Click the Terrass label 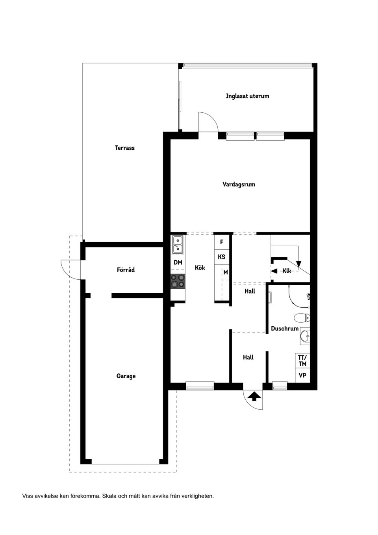tap(124, 148)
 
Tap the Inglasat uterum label tap(247, 96)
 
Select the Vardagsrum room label tap(239, 184)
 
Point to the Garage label tap(126, 376)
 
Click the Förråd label tap(126, 270)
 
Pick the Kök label tap(200, 268)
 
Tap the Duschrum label tap(285, 329)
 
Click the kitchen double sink tap(178, 245)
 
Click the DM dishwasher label tap(178, 262)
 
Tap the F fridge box tap(221, 242)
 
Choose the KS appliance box tap(221, 257)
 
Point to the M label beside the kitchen tap(226, 272)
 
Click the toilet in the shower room tap(302, 318)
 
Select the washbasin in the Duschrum tap(305, 336)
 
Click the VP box tap(302, 375)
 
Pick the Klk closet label tap(287, 271)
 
